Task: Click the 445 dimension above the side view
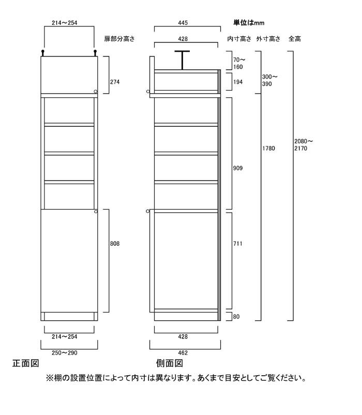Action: (x=183, y=23)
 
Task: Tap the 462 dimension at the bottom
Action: (x=183, y=353)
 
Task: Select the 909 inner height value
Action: (x=238, y=168)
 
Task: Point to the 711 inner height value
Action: (x=238, y=244)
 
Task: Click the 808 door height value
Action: (x=115, y=244)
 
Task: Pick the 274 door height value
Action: (x=115, y=82)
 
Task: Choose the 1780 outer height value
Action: (x=269, y=149)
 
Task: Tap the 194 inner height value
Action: (x=238, y=82)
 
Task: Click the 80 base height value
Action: (x=236, y=317)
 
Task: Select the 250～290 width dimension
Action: (x=65, y=353)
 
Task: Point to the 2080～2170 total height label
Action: (x=303, y=145)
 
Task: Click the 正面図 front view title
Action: (x=26, y=363)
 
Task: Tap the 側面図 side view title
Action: (x=170, y=363)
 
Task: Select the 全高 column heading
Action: (x=295, y=39)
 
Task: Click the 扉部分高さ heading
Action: (x=119, y=39)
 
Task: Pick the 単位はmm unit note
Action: (x=249, y=23)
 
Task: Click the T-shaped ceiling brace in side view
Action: (x=182, y=60)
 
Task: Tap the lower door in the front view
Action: (x=69, y=261)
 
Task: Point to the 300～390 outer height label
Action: (x=270, y=80)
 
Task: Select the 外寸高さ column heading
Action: (x=268, y=39)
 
